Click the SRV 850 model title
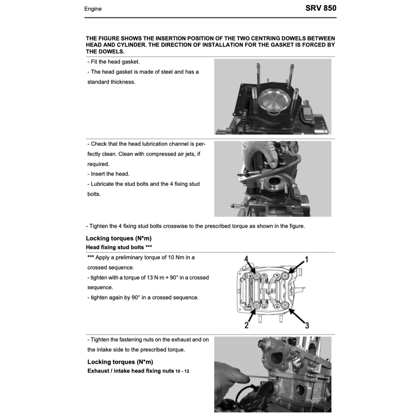pyautogui.click(x=320, y=8)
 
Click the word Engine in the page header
pyautogui.click(x=93, y=9)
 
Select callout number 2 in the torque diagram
pyautogui.click(x=246, y=325)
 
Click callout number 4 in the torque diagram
pyautogui.click(x=246, y=259)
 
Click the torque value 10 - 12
pyautogui.click(x=182, y=371)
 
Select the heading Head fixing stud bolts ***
pyautogui.click(x=115, y=247)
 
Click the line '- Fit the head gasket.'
pyautogui.click(x=113, y=62)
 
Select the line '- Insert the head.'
pyautogui.click(x=108, y=174)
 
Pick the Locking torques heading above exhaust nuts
pyautogui.click(x=120, y=362)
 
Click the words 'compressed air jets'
pyautogui.click(x=170, y=154)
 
